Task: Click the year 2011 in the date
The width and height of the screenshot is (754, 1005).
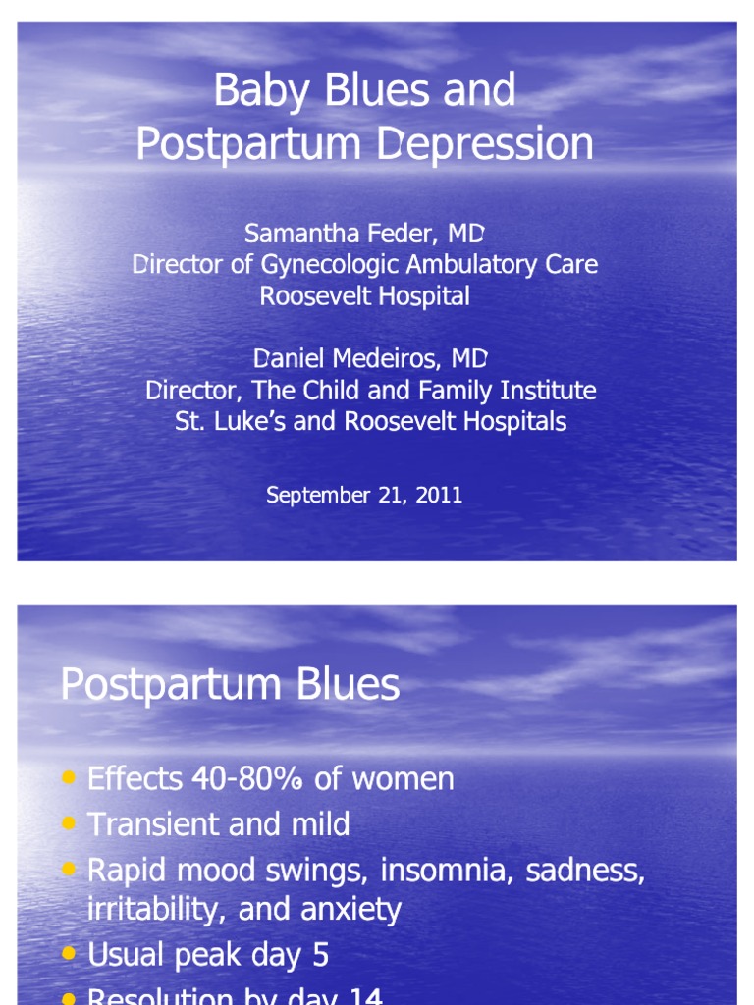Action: [x=440, y=495]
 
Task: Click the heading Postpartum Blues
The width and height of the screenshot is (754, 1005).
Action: [x=230, y=684]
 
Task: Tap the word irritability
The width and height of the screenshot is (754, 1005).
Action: [x=144, y=909]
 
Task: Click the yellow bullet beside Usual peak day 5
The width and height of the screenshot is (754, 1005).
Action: [x=68, y=952]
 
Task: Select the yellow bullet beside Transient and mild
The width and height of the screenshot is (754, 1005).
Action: [x=68, y=823]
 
